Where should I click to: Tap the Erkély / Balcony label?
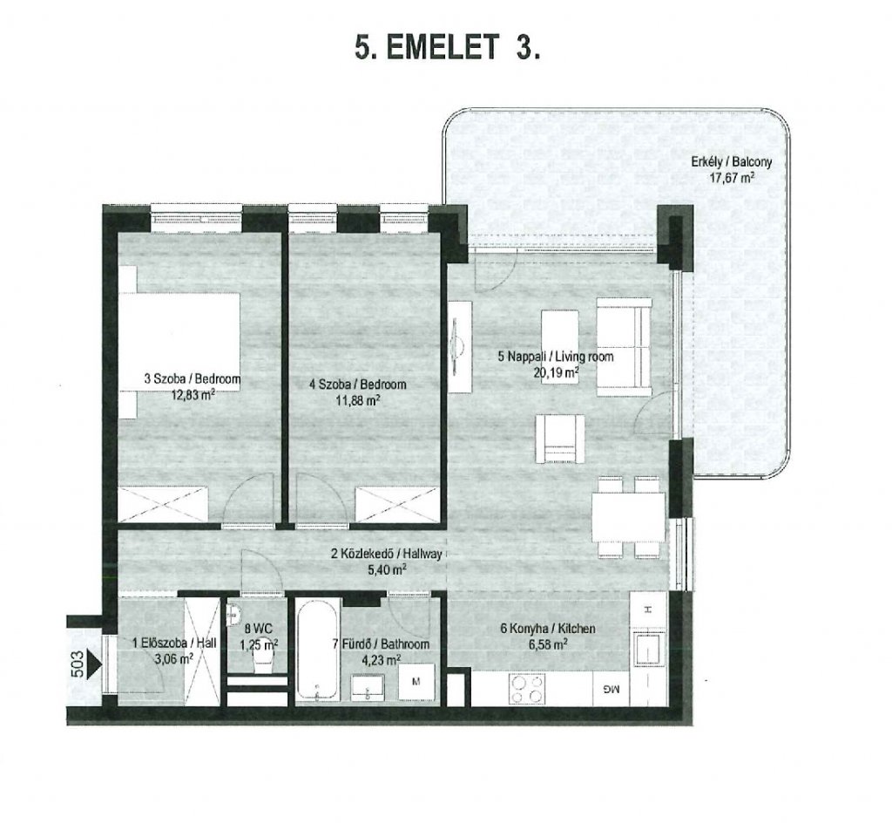(x=732, y=161)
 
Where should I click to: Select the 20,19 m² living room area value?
(x=556, y=372)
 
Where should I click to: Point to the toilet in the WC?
(x=264, y=661)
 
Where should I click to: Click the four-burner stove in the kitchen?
(x=527, y=689)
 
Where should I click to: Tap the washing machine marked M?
(x=416, y=682)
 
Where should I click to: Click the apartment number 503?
(x=78, y=664)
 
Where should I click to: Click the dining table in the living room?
(x=628, y=517)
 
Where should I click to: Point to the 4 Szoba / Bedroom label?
(x=357, y=385)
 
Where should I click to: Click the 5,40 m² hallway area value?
(x=389, y=569)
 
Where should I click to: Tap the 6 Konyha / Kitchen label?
(x=547, y=629)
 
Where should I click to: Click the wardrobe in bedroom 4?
(x=399, y=505)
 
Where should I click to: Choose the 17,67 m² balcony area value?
(x=732, y=177)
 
